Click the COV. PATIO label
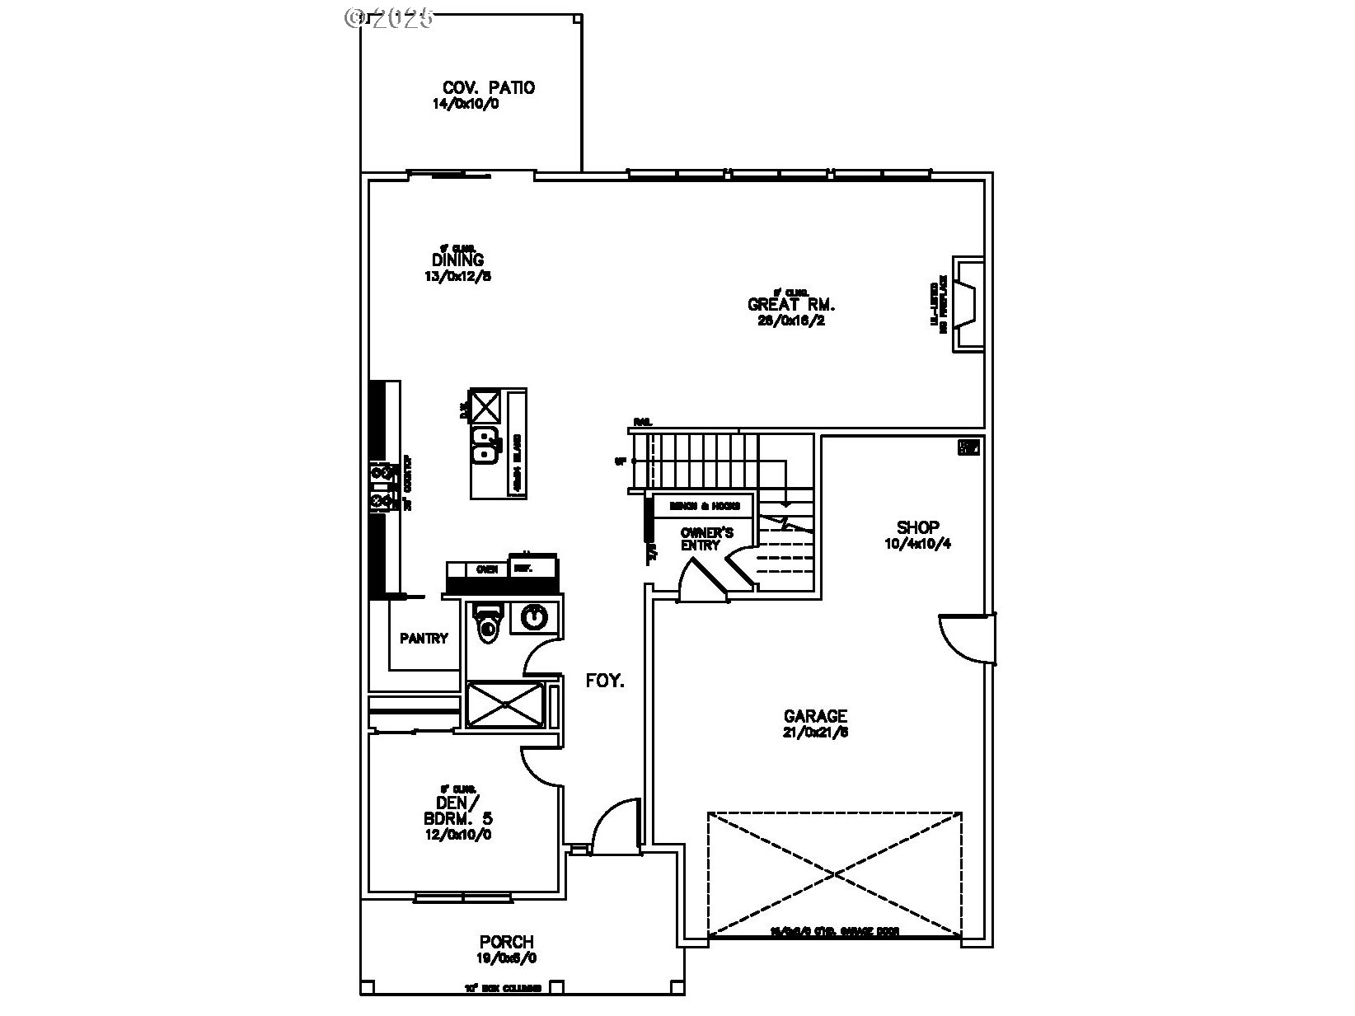pos(489,87)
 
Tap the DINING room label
pos(457,260)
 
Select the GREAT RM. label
pos(785,304)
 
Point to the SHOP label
pos(917,527)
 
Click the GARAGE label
pos(815,716)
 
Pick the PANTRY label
pos(424,638)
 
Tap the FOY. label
pos(605,681)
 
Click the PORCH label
pos(506,942)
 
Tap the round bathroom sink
pos(535,617)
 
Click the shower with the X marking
pos(505,704)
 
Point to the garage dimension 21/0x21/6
pos(815,732)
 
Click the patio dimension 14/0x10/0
pos(467,105)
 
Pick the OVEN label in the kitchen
pos(486,569)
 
